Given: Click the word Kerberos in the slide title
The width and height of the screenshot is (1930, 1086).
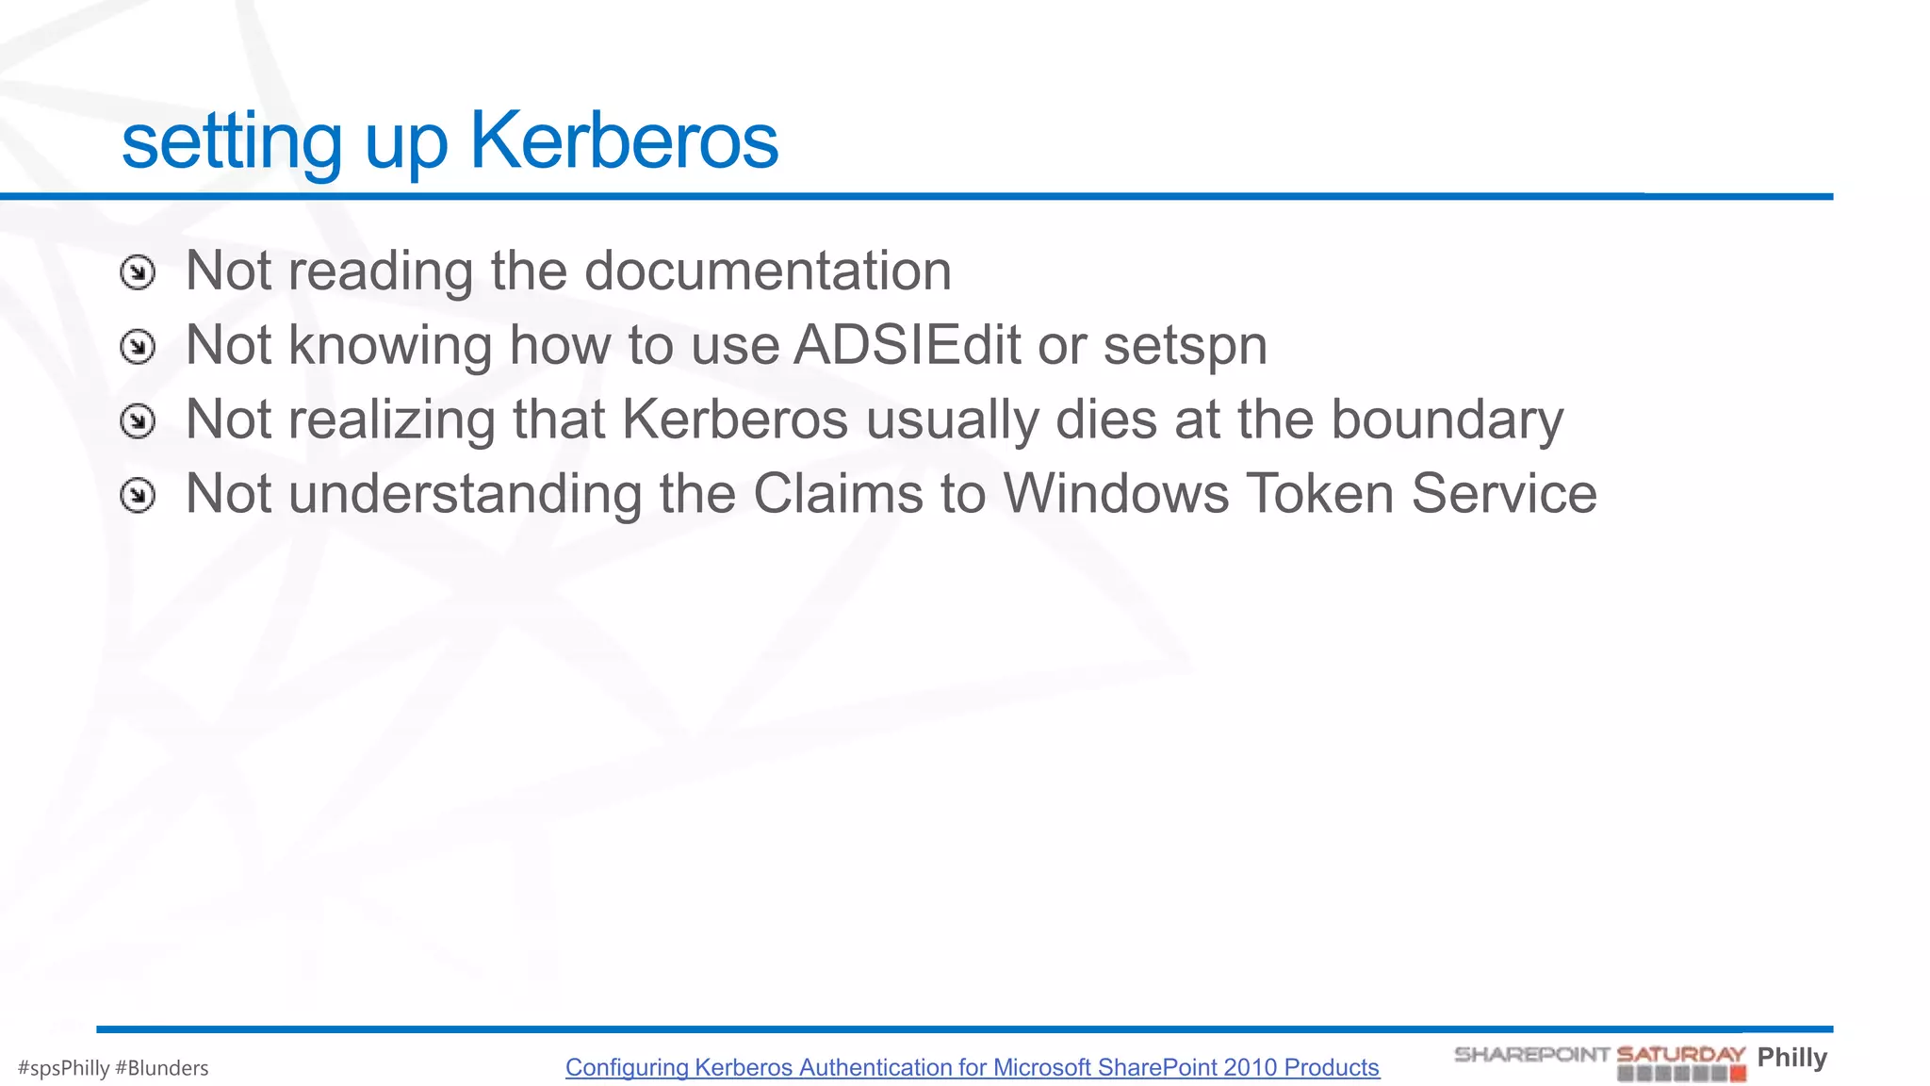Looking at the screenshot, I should [623, 141].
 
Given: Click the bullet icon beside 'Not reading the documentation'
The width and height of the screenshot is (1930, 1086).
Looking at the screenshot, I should [138, 272].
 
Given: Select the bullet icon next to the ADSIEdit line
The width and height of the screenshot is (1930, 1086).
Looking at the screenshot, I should [138, 347].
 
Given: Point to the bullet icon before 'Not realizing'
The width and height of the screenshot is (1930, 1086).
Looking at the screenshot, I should [138, 420].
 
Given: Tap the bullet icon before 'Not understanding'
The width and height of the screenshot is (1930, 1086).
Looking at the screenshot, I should [138, 495].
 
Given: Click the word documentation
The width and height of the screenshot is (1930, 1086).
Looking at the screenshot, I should [767, 271].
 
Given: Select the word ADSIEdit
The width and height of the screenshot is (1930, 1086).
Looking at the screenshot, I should [907, 345].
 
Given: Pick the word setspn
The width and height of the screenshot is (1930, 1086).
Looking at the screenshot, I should [1185, 347].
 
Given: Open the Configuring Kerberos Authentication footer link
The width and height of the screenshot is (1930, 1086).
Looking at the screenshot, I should [972, 1067].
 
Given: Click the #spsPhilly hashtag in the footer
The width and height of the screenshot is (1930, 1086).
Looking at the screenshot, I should [63, 1068].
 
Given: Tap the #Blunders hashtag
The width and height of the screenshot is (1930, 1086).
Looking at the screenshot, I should [161, 1068].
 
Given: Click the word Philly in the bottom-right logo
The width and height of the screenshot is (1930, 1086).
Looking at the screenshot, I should [1791, 1057].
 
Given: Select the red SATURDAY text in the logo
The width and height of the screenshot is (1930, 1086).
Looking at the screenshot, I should [1680, 1054].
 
